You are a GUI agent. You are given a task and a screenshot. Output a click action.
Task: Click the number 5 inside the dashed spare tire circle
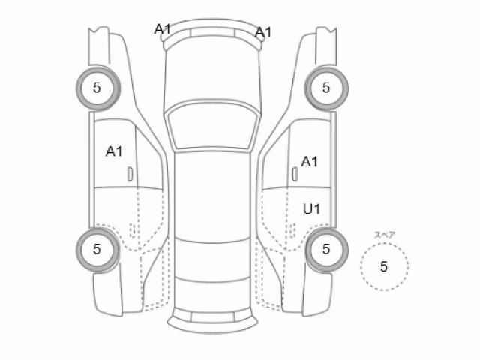point(384,266)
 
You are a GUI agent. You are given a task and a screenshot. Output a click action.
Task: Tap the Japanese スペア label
point(385,235)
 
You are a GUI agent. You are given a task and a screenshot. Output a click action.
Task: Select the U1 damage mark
point(312,209)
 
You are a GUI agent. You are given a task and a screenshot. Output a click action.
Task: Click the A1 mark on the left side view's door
point(114,151)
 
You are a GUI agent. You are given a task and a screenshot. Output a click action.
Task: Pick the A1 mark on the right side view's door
point(310,162)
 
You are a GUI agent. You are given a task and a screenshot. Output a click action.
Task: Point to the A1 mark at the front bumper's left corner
point(162,29)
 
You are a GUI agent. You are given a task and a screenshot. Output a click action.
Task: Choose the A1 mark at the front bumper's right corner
point(263,32)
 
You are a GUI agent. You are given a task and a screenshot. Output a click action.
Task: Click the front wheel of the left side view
point(98,88)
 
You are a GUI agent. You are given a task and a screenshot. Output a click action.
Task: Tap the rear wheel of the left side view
point(97,250)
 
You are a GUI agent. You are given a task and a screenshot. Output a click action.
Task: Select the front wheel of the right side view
point(326,88)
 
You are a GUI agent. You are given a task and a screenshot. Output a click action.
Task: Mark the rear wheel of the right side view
point(327,250)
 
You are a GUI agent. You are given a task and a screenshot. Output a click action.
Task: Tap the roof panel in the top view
point(213,196)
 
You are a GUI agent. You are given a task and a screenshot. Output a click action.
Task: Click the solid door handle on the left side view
point(130,174)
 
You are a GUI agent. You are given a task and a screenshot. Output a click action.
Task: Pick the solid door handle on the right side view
point(295,174)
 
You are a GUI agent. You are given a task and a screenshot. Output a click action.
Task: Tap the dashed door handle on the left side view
point(133,230)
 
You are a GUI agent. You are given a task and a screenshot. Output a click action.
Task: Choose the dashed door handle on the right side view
point(292,230)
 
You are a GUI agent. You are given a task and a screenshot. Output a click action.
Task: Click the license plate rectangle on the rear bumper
point(213,317)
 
